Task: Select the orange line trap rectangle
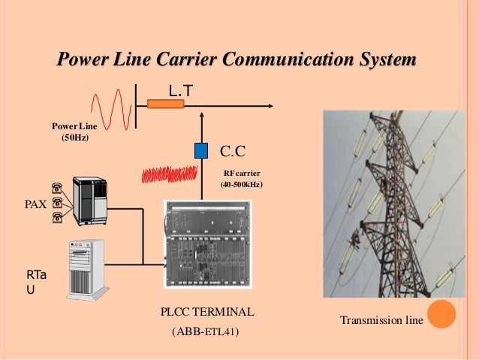pyautogui.click(x=165, y=104)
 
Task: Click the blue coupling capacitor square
pyautogui.click(x=200, y=150)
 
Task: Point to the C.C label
pyautogui.click(x=233, y=152)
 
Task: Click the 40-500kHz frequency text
pyautogui.click(x=240, y=185)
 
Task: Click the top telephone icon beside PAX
pyautogui.click(x=57, y=186)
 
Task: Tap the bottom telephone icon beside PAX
pyautogui.click(x=57, y=218)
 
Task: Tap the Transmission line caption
pyautogui.click(x=381, y=321)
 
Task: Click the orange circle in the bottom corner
pyautogui.click(x=442, y=313)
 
